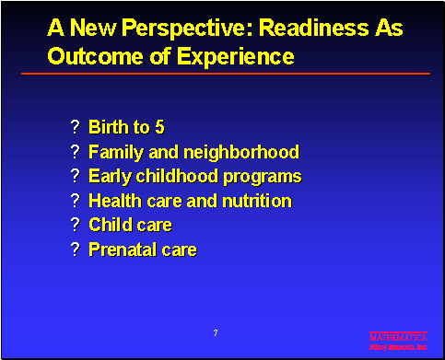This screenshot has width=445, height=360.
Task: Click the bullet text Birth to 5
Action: [126, 127]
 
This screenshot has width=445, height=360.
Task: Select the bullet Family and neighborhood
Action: [193, 152]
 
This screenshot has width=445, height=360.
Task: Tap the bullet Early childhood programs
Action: [194, 176]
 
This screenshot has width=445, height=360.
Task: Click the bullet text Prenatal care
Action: [142, 250]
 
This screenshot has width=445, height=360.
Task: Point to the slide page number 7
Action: [215, 331]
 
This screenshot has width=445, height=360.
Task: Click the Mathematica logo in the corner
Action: [398, 342]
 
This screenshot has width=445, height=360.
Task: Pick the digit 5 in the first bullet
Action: [159, 127]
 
